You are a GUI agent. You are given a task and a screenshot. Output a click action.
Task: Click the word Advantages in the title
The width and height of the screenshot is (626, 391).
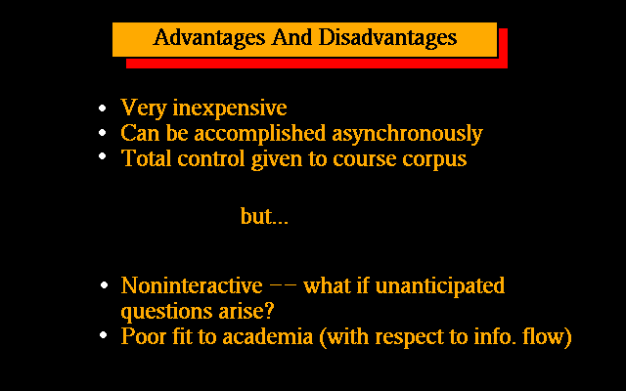click(209, 38)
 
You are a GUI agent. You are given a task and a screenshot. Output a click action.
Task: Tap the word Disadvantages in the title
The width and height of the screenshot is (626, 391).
click(387, 38)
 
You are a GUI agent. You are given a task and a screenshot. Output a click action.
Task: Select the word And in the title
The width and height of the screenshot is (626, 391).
click(291, 37)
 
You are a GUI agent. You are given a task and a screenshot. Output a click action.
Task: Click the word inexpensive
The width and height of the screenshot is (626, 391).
click(230, 109)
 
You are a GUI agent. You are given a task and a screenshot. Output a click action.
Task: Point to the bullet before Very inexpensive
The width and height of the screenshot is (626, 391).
click(103, 108)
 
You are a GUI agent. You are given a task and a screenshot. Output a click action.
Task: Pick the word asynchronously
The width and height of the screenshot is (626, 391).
click(407, 134)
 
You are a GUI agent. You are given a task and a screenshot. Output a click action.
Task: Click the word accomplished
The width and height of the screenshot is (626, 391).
click(260, 134)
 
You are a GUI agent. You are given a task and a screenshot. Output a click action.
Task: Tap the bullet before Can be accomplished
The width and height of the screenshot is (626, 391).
click(103, 133)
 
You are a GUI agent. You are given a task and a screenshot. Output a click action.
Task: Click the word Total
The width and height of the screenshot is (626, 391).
click(147, 158)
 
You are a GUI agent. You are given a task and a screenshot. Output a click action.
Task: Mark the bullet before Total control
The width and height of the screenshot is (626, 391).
click(103, 156)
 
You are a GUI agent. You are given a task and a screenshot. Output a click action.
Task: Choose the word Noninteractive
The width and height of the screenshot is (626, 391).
click(192, 285)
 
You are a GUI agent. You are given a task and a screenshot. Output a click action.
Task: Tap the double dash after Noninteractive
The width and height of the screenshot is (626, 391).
click(283, 285)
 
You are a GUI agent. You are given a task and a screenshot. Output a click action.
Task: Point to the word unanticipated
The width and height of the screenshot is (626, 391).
click(440, 286)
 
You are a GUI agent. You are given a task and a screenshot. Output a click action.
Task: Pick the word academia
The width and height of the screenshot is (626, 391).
click(267, 336)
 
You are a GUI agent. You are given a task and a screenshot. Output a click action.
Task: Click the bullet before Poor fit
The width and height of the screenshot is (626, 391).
click(104, 335)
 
